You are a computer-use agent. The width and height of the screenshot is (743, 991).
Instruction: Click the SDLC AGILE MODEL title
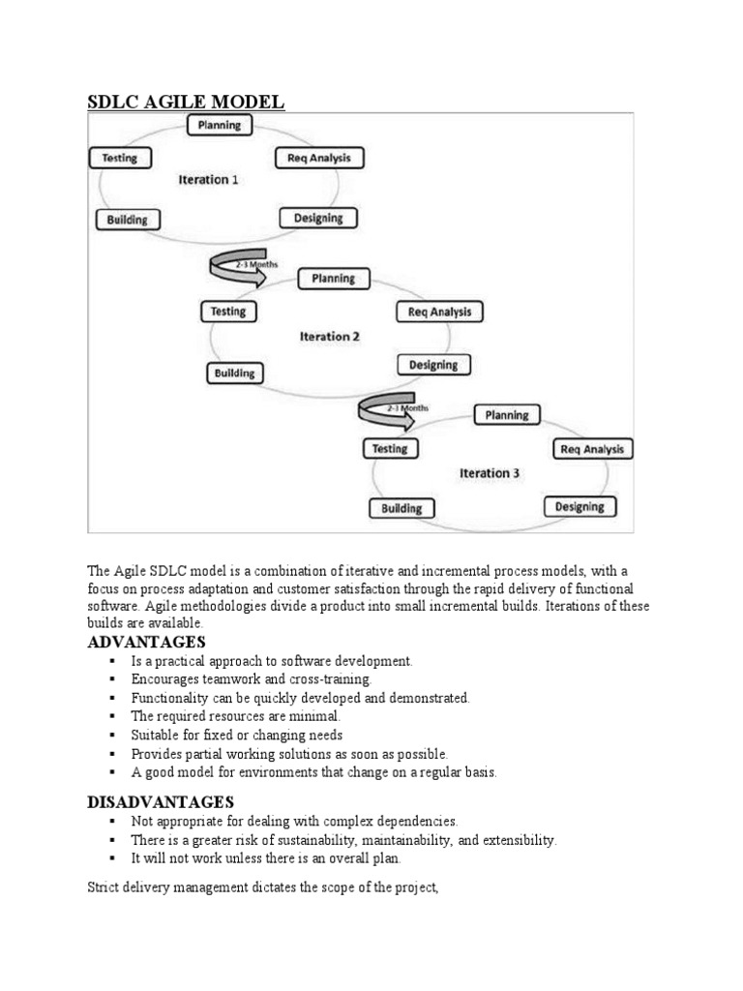click(187, 102)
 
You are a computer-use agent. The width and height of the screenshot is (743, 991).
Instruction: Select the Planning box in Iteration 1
click(220, 125)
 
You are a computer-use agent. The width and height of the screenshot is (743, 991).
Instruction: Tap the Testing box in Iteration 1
click(119, 158)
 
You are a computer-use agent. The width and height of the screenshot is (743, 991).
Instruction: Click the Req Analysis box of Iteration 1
click(319, 158)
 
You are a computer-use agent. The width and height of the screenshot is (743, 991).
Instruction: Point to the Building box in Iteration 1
click(128, 220)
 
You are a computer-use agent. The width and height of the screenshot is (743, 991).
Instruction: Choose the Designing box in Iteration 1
click(318, 218)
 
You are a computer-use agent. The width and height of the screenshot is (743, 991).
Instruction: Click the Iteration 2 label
click(330, 337)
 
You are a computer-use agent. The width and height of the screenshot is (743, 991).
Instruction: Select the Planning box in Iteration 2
click(333, 279)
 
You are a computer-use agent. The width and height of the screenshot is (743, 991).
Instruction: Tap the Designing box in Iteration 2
click(433, 365)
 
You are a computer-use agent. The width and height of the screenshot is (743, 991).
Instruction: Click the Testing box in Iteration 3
click(390, 448)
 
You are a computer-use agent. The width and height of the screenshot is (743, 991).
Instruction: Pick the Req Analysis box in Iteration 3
click(593, 449)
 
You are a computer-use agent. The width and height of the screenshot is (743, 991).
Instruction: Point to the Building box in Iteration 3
click(401, 508)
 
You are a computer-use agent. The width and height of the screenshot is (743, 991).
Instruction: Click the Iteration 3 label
click(490, 473)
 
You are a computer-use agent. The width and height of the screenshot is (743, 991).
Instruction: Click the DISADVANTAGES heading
click(161, 802)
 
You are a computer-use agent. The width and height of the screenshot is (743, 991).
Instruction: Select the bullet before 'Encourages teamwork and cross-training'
click(113, 679)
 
